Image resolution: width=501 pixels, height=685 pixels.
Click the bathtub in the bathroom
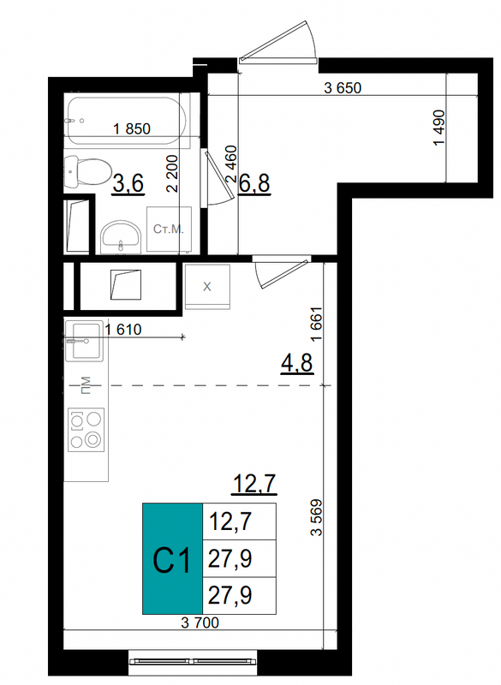tap(127, 120)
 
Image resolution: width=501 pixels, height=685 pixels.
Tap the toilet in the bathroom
tap(86, 172)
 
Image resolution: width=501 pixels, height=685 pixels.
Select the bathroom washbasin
tap(121, 237)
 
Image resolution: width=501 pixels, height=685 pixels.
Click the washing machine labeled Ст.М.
tap(169, 229)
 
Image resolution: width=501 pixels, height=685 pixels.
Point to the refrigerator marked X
tap(207, 287)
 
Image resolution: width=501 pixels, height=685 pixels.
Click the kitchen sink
tap(84, 341)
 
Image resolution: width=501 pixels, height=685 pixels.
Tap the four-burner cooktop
tap(86, 430)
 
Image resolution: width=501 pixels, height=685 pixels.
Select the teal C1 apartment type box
tap(172, 559)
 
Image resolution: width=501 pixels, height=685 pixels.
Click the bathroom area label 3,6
tap(128, 183)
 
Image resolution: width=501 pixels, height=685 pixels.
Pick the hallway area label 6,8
tap(254, 183)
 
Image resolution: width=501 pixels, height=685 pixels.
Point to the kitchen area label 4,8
tap(297, 362)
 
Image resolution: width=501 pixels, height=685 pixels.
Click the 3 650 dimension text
tap(343, 88)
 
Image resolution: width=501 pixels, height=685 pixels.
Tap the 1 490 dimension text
tap(438, 128)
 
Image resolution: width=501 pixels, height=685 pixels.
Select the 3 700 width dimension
tap(200, 622)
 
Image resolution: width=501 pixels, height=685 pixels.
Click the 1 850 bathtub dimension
tap(132, 129)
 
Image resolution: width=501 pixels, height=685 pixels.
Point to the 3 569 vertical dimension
tap(316, 517)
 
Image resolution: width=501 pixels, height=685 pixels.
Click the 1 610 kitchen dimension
tap(123, 330)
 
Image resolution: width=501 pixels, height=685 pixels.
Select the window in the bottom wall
tap(193, 661)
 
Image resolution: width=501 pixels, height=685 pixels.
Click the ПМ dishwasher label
tap(86, 384)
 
